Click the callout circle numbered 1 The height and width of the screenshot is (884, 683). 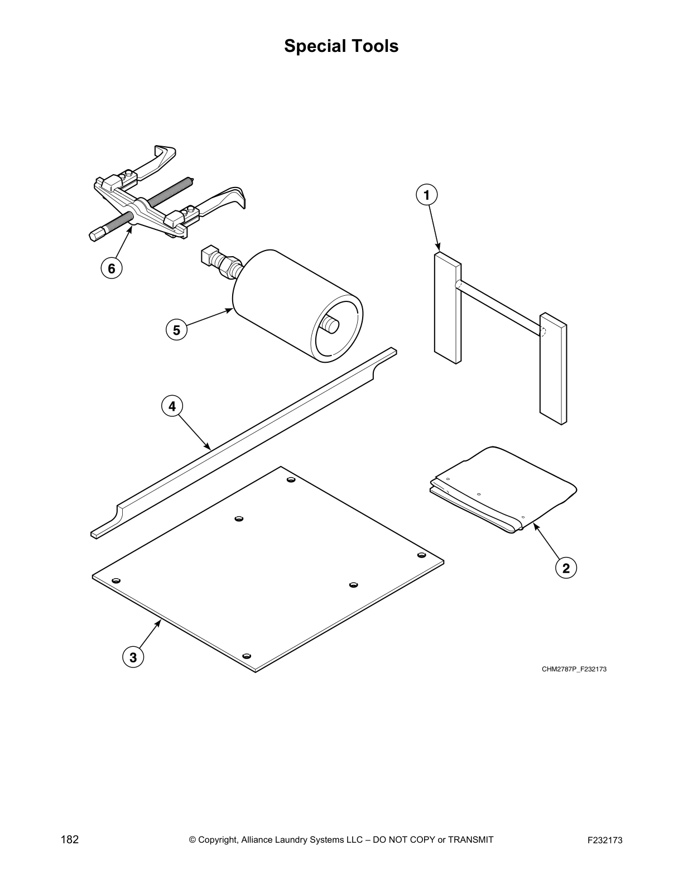[427, 195]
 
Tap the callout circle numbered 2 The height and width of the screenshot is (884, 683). [566, 568]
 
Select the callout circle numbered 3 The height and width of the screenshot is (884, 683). [133, 657]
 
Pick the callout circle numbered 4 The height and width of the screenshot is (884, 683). [172, 406]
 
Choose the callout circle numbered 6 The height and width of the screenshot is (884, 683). [112, 269]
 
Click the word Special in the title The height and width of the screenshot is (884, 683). [315, 46]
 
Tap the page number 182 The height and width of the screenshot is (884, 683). [69, 839]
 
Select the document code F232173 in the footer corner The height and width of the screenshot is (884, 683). [605, 840]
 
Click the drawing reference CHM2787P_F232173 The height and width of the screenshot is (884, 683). [574, 669]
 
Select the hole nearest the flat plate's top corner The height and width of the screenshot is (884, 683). [291, 479]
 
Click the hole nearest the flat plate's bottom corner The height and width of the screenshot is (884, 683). [247, 656]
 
